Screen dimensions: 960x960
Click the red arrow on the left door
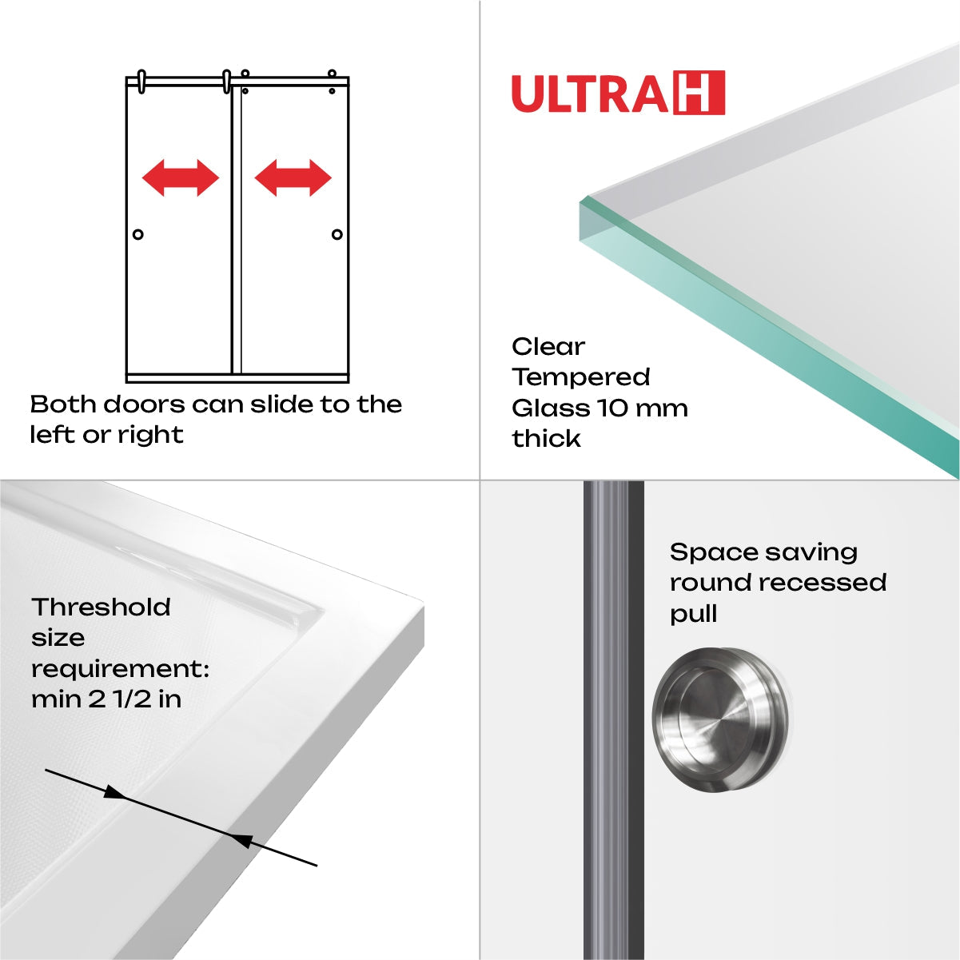tap(181, 177)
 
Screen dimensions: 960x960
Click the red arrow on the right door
tap(293, 177)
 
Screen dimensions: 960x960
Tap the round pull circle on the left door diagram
tap(138, 234)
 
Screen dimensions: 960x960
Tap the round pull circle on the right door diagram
tap(337, 234)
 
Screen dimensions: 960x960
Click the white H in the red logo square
tap(699, 93)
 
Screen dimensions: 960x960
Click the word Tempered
tap(581, 377)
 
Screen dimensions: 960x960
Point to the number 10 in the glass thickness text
tap(614, 408)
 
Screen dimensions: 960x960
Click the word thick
tap(546, 439)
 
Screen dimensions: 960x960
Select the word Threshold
tap(102, 607)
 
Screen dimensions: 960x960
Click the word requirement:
tap(120, 669)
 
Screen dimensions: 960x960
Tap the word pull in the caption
tap(693, 614)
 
